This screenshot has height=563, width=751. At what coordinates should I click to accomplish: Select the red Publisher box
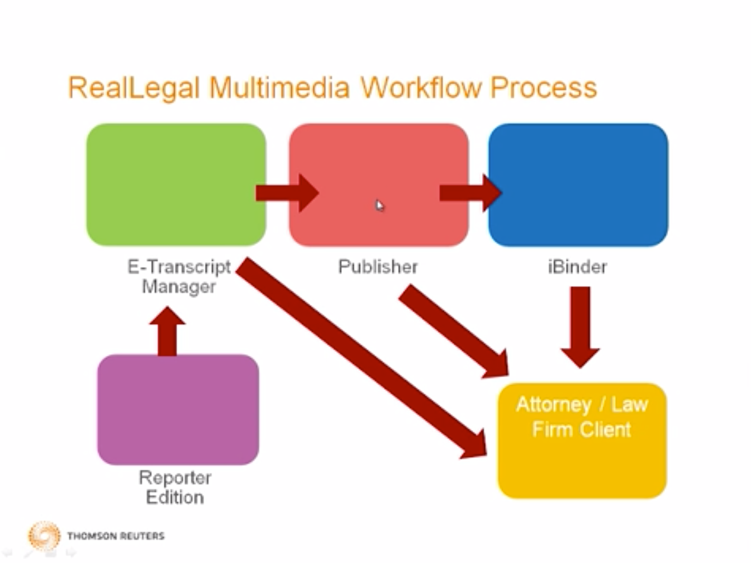(x=378, y=158)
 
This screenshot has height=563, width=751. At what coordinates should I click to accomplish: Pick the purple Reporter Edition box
(x=178, y=409)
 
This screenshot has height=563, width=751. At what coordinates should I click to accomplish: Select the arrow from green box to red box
(x=287, y=193)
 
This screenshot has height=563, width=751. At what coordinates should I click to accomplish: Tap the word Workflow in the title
(x=421, y=88)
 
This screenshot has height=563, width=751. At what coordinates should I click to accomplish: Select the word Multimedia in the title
(x=279, y=88)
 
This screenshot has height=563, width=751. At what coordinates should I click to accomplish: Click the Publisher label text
(x=378, y=266)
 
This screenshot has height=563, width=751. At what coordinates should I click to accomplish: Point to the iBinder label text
(x=577, y=266)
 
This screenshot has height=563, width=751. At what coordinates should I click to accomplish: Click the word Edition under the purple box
(x=175, y=497)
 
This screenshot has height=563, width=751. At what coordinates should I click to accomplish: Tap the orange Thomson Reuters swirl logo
(x=44, y=536)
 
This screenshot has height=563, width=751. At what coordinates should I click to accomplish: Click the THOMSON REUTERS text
(x=116, y=536)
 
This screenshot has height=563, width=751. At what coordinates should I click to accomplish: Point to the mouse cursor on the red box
(x=379, y=205)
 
